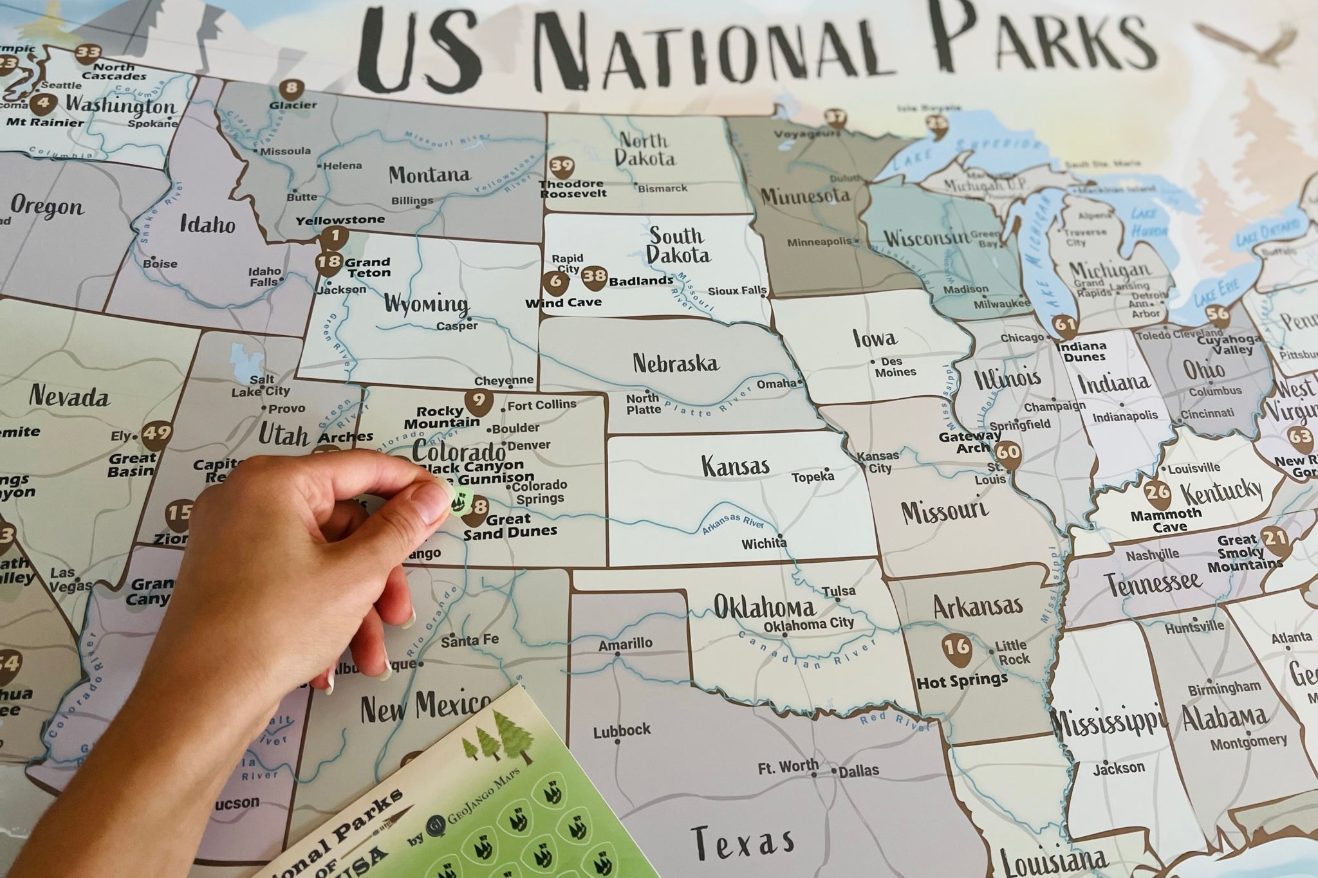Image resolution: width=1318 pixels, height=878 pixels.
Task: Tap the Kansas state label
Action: [x=735, y=465]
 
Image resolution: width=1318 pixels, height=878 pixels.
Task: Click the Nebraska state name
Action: [x=675, y=363]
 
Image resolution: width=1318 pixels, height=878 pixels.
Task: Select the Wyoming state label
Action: [x=426, y=304]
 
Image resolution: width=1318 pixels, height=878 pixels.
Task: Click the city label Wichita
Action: [x=764, y=544]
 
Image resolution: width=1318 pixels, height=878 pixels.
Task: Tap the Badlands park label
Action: [x=641, y=281]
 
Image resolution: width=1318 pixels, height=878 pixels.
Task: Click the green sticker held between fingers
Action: [x=462, y=498]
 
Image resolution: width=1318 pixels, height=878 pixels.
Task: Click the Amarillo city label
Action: [x=625, y=643]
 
